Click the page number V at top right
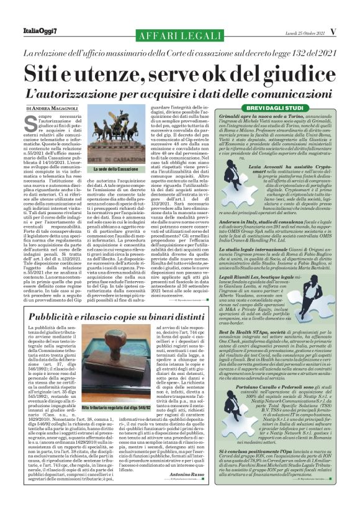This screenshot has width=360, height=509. click(331, 31)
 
